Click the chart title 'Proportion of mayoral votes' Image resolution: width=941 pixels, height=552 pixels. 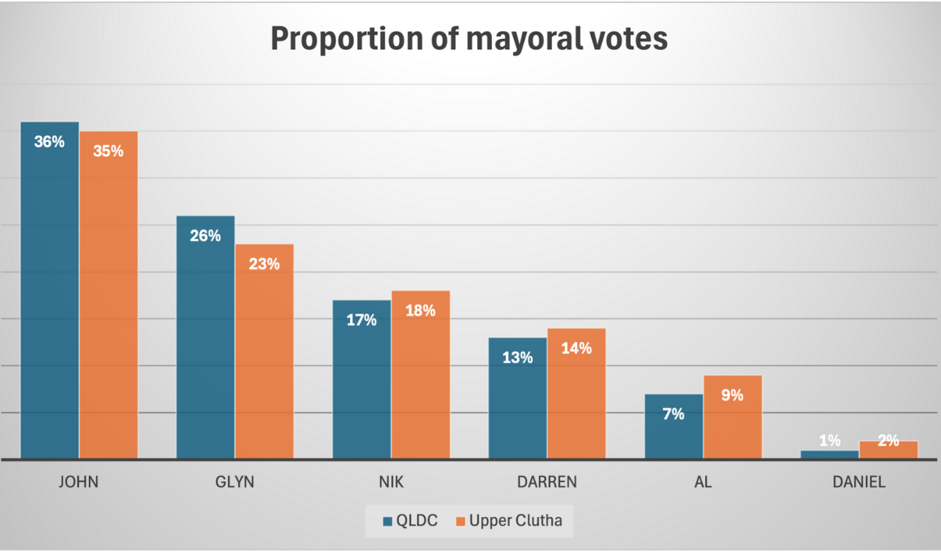point(469,39)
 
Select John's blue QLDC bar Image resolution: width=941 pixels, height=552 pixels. point(49,294)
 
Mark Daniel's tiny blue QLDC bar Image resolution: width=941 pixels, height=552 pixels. point(829,455)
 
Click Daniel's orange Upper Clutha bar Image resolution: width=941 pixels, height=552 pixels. point(889,450)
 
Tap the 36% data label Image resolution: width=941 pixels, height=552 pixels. point(49,142)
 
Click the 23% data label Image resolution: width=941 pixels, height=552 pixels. point(264,263)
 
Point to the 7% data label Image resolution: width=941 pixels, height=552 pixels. point(673,414)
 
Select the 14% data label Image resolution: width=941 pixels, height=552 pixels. point(576,348)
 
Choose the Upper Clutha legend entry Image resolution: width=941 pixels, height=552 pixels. point(508,521)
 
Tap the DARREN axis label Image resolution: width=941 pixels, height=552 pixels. point(546,483)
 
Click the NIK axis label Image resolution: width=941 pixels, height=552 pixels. point(390,483)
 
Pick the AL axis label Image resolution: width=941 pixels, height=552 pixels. point(703,483)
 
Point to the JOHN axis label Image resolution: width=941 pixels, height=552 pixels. point(78,483)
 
